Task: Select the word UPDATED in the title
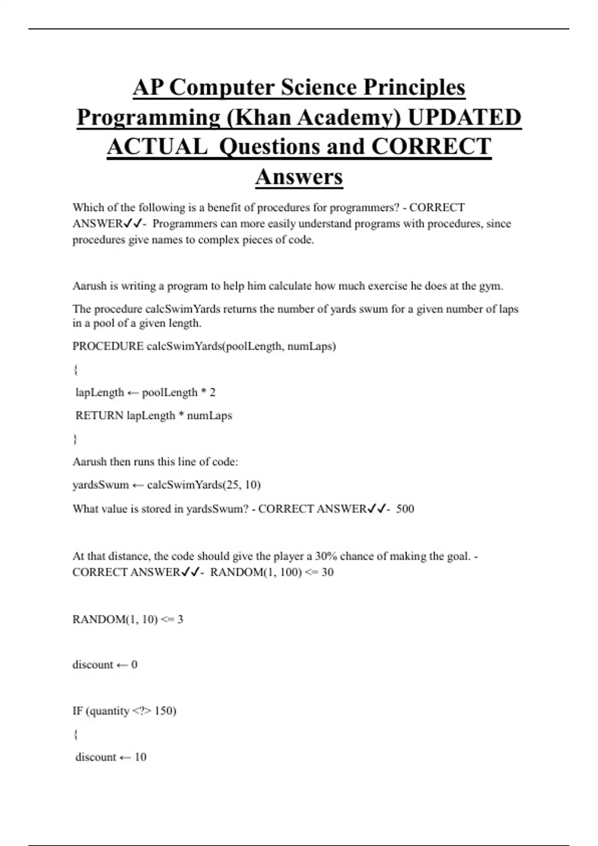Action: point(464,117)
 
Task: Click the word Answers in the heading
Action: point(299,177)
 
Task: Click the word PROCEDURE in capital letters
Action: point(108,346)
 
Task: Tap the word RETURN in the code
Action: point(99,416)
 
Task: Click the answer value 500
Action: point(405,509)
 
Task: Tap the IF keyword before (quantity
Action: point(77,711)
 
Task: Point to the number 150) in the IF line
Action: point(165,711)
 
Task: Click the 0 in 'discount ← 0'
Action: point(134,665)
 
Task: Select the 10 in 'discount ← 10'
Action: point(141,757)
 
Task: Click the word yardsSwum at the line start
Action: point(101,485)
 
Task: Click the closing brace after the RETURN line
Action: point(75,439)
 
